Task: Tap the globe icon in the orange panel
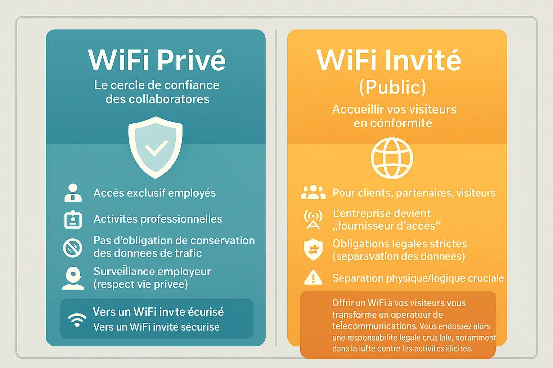pos(392,158)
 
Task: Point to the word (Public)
pos(392,87)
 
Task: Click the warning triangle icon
pos(313,278)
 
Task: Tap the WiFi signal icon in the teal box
pos(77,319)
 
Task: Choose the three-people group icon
pos(313,193)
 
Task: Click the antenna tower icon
pos(313,220)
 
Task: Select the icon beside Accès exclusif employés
pos(73,193)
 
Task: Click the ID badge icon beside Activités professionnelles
pos(73,219)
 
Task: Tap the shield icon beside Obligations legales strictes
pos(313,249)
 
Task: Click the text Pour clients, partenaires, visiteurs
pos(414,193)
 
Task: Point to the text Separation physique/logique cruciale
pos(418,278)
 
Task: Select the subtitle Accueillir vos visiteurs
pos(394,109)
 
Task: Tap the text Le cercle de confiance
pos(157,85)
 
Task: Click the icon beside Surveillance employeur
pos(73,278)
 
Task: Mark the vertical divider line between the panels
pos(276,187)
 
